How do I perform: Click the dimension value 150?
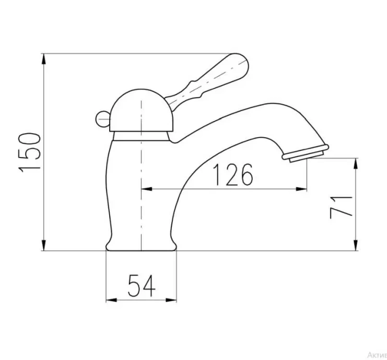point(30,152)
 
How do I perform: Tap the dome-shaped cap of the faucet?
point(140,111)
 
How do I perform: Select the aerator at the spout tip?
point(305,153)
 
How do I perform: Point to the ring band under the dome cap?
point(140,136)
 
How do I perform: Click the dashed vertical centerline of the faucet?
point(141,198)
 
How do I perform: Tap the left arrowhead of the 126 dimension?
point(147,189)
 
